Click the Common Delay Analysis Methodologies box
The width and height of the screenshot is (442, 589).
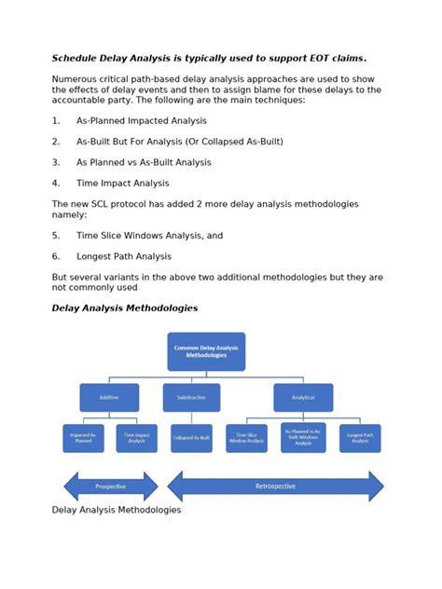[x=206, y=351]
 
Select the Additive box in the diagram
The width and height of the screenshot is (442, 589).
[x=109, y=397]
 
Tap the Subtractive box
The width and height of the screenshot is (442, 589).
[x=191, y=397]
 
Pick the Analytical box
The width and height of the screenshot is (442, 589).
[x=303, y=397]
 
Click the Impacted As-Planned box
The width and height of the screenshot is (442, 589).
[x=83, y=438]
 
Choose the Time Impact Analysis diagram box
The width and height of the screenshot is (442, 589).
[x=136, y=438]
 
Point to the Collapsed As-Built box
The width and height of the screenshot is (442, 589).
[x=191, y=438]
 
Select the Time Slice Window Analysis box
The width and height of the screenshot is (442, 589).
[x=246, y=438]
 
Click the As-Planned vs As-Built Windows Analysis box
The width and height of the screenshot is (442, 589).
[x=303, y=437]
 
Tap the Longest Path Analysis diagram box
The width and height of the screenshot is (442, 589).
[x=360, y=438]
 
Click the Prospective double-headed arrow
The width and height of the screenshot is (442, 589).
[x=111, y=486]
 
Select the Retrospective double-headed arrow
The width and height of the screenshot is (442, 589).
[x=275, y=486]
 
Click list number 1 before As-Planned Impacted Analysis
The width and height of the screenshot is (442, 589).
[x=55, y=121]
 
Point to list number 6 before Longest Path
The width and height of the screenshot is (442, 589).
[x=55, y=256]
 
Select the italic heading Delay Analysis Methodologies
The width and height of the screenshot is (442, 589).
[x=124, y=308]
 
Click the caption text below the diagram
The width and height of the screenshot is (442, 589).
[x=116, y=510]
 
